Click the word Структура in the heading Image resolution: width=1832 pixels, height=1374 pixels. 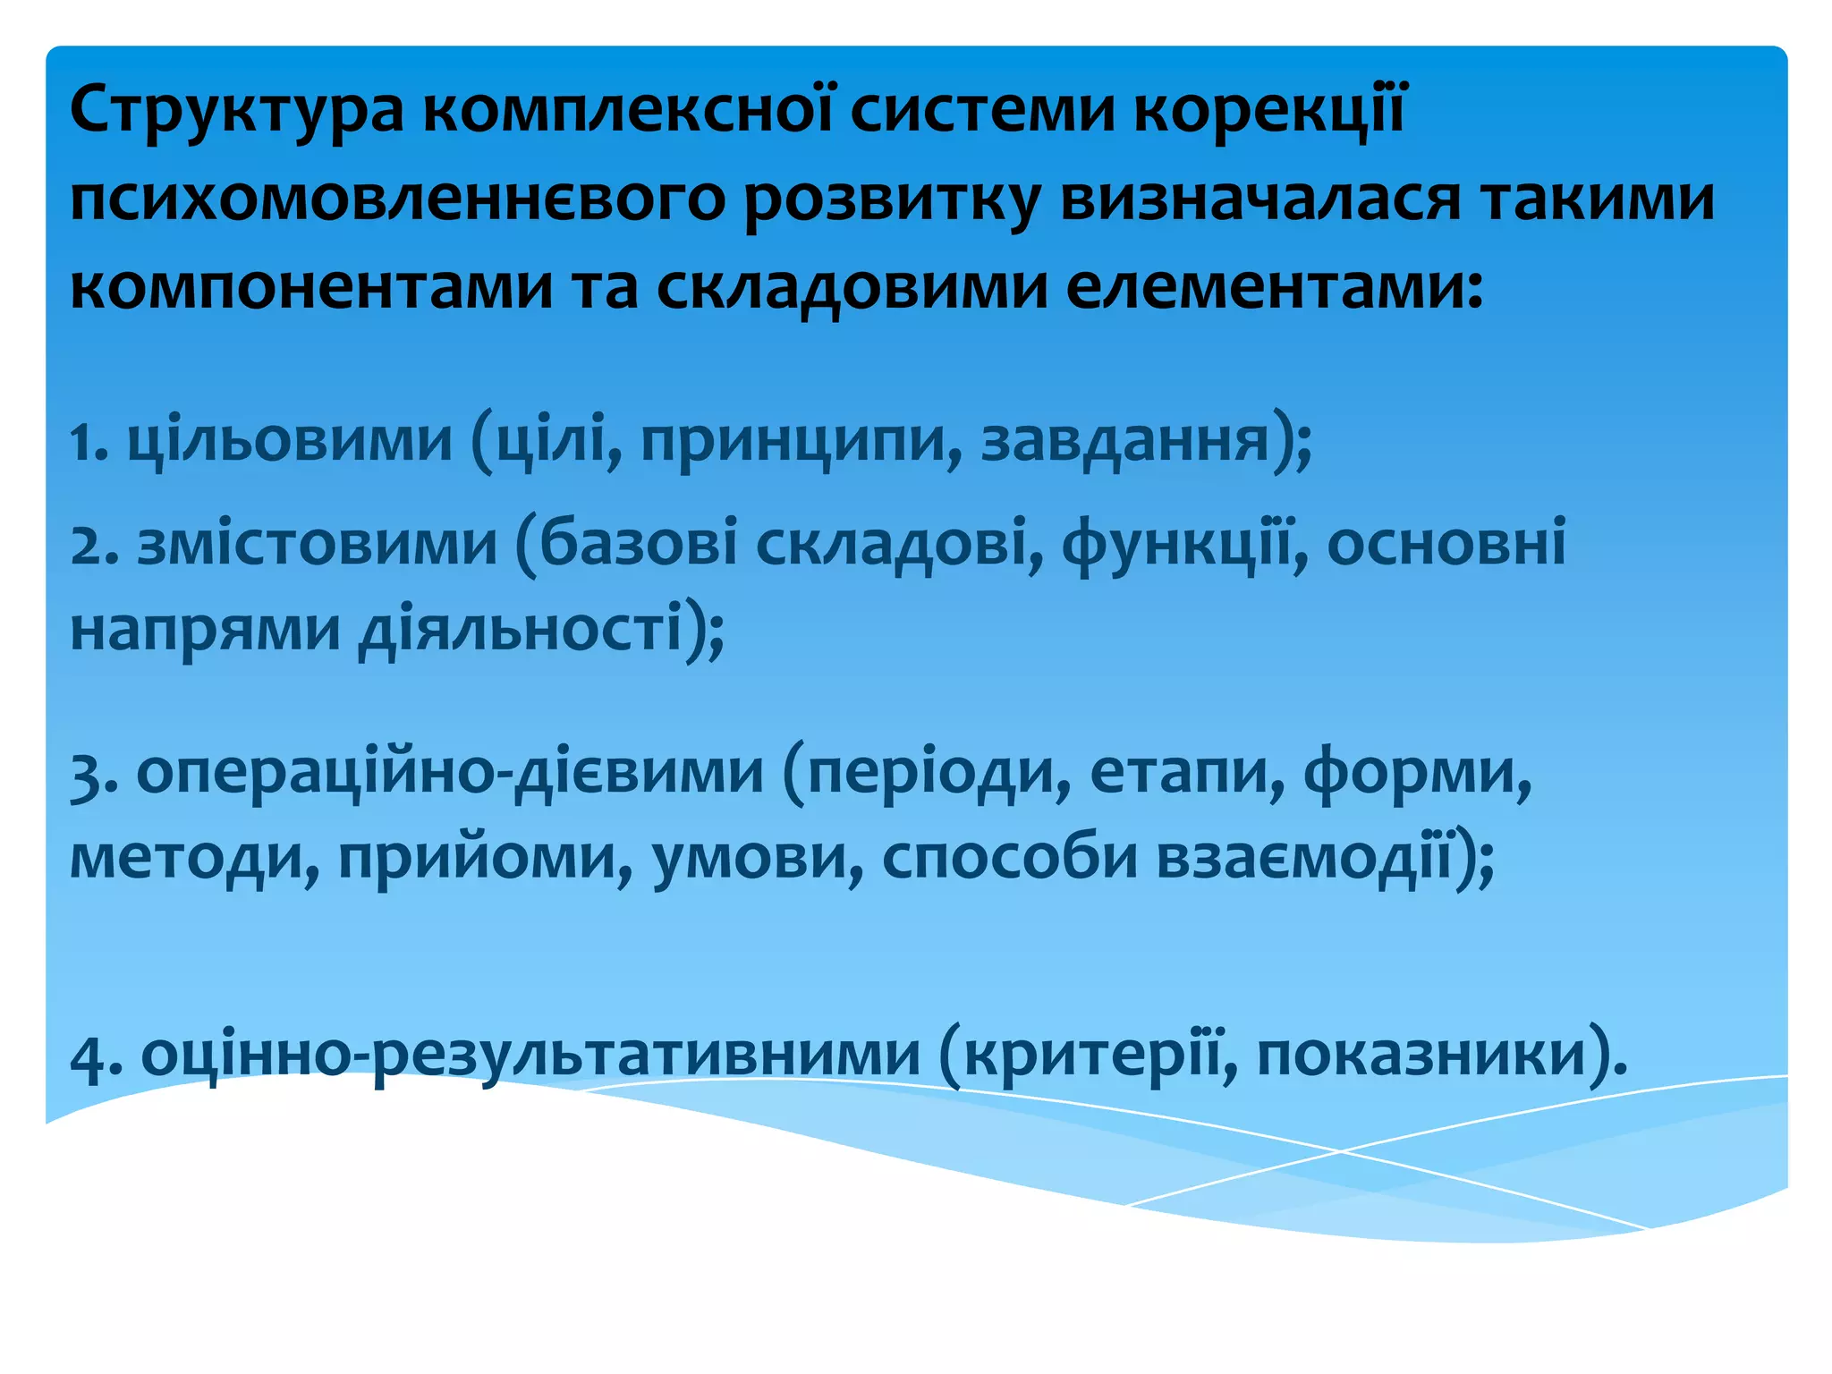tap(236, 112)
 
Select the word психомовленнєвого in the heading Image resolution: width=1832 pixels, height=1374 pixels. tap(397, 200)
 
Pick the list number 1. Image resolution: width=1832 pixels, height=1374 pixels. tap(87, 442)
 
